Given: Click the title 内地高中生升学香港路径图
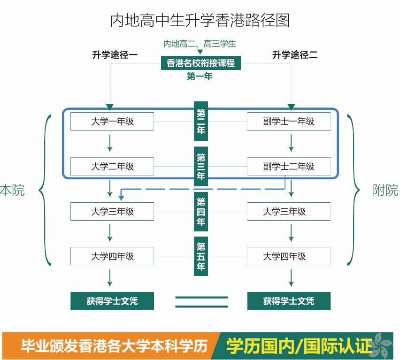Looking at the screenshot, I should (x=200, y=21).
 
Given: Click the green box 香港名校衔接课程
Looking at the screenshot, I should (x=200, y=63).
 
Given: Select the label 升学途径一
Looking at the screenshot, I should (x=115, y=55).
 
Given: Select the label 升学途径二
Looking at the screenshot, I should (x=295, y=55).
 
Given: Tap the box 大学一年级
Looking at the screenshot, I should (x=112, y=122).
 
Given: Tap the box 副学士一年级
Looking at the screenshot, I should (x=289, y=122).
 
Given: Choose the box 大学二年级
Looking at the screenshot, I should (x=112, y=166).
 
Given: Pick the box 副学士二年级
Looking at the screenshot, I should (x=289, y=166).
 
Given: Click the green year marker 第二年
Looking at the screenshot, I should (x=201, y=122).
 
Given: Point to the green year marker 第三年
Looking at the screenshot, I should (x=201, y=167).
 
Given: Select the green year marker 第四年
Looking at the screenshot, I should (x=201, y=212).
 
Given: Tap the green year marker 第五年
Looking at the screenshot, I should (x=201, y=256).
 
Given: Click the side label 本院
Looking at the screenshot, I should (x=13, y=191).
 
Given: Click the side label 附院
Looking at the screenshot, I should (x=385, y=191).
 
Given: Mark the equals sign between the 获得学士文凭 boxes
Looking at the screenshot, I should (x=201, y=302).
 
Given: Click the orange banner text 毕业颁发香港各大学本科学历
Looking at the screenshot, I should (x=114, y=346).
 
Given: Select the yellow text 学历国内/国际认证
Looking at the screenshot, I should (x=299, y=346).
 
